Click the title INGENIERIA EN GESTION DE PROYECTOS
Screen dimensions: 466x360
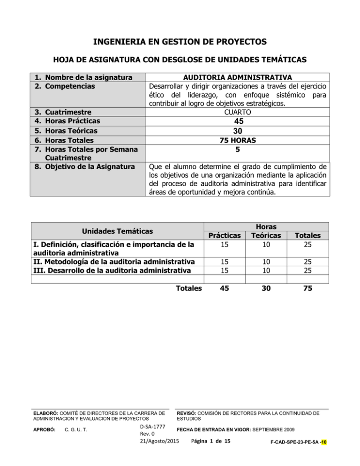point(180,43)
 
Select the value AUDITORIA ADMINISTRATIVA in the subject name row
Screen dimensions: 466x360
point(239,77)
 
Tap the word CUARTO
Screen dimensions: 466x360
point(239,112)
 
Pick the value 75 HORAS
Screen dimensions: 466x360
point(239,140)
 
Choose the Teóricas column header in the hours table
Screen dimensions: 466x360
point(266,236)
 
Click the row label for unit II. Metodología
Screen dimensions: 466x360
point(112,261)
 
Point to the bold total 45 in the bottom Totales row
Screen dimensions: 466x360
point(225,289)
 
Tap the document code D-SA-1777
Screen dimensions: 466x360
point(151,426)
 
